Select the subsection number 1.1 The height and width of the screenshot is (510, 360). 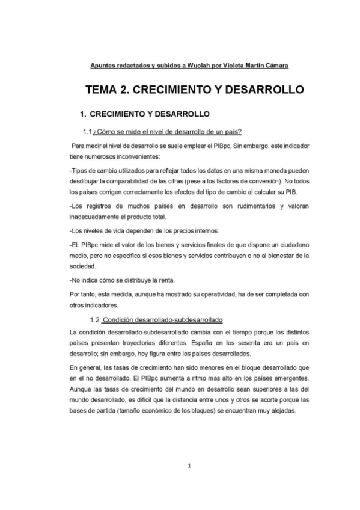click(87, 132)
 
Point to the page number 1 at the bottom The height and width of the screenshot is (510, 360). click(189, 465)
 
